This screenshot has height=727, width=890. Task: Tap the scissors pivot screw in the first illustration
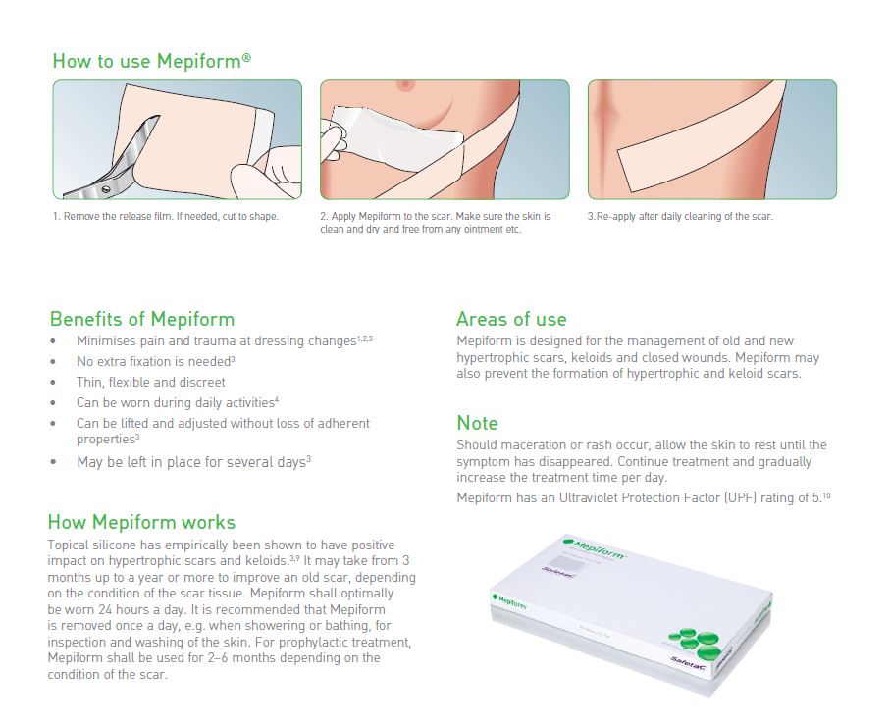pyautogui.click(x=106, y=189)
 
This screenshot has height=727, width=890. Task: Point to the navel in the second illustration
pyautogui.click(x=405, y=84)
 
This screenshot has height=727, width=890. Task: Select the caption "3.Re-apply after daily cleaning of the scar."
pyautogui.click(x=680, y=216)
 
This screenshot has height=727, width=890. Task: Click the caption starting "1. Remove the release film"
pyautogui.click(x=166, y=216)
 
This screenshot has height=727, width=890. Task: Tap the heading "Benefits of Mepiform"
pyautogui.click(x=142, y=319)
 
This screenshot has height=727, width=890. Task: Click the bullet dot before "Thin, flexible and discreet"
pyautogui.click(x=53, y=383)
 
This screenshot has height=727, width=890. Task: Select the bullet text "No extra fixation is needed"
pyautogui.click(x=153, y=361)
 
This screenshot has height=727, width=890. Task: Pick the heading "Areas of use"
pyautogui.click(x=511, y=319)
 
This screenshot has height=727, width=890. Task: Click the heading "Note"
pyautogui.click(x=477, y=423)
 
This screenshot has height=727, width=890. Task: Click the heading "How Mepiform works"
pyautogui.click(x=141, y=522)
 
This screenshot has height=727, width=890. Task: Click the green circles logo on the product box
pyautogui.click(x=694, y=642)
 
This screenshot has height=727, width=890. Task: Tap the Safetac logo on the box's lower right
pyautogui.click(x=688, y=663)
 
